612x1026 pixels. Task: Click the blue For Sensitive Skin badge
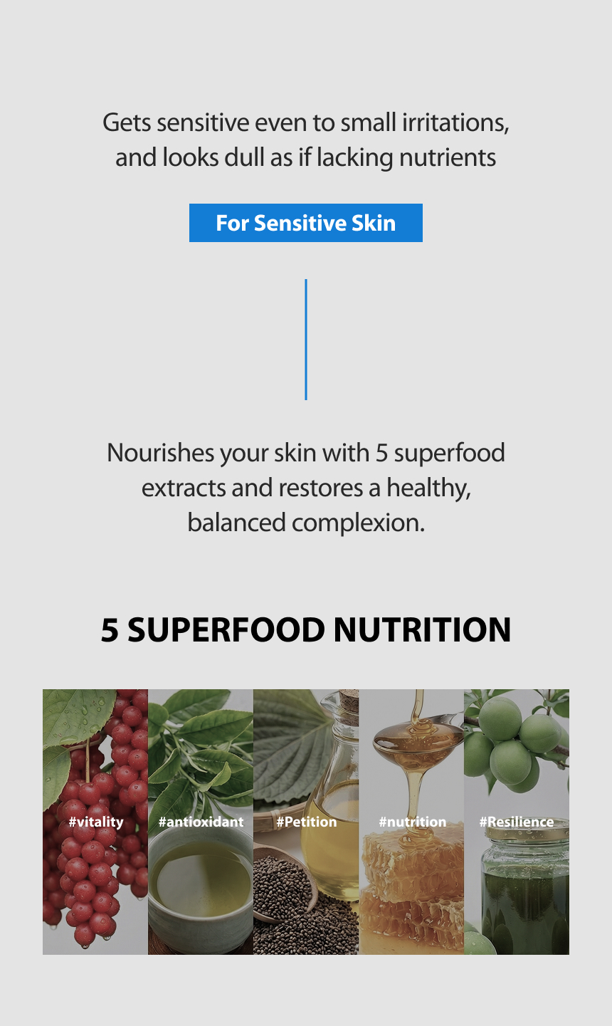pos(306,223)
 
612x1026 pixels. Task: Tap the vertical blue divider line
pos(306,340)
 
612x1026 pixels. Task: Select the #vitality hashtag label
pos(96,822)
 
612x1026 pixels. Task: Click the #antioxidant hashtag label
pos(201,822)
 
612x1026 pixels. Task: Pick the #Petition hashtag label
pos(307,822)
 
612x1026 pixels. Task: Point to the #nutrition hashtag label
pos(413,822)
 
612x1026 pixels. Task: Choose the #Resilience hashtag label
pos(517,822)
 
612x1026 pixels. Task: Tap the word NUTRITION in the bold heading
pos(422,629)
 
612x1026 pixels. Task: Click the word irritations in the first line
pos(455,122)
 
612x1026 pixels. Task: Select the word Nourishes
pos(160,453)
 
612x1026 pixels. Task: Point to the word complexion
pos(358,523)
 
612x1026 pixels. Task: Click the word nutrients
pos(447,157)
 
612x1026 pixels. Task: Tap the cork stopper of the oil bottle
pos(349,699)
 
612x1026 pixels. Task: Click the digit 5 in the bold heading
pos(110,629)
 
